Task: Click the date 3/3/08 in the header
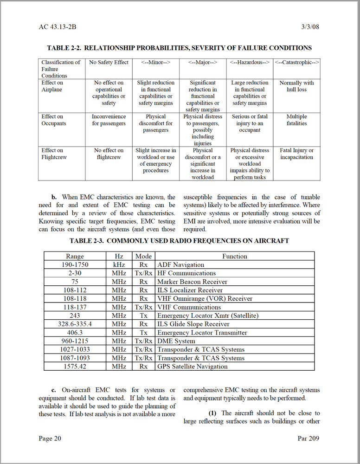310,27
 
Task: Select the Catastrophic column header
296,62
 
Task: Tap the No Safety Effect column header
109,62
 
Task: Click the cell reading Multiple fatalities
296,120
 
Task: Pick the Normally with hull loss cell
296,86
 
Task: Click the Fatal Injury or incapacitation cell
296,154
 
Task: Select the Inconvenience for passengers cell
109,120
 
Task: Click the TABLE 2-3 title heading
179,241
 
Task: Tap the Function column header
234,256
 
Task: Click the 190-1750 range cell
75,265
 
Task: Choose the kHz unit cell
119,265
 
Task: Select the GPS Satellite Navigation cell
193,367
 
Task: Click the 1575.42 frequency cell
75,367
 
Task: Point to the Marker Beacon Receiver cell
192,282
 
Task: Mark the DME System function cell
176,341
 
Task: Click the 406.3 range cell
75,333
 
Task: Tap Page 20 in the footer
50,438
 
